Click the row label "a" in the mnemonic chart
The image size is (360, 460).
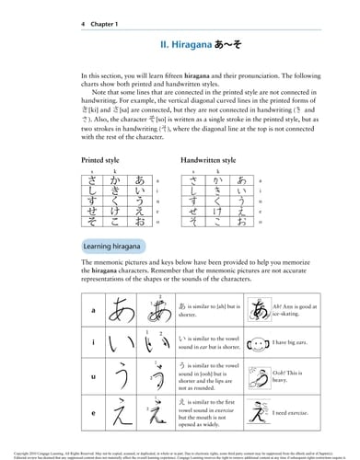point(68,310)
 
